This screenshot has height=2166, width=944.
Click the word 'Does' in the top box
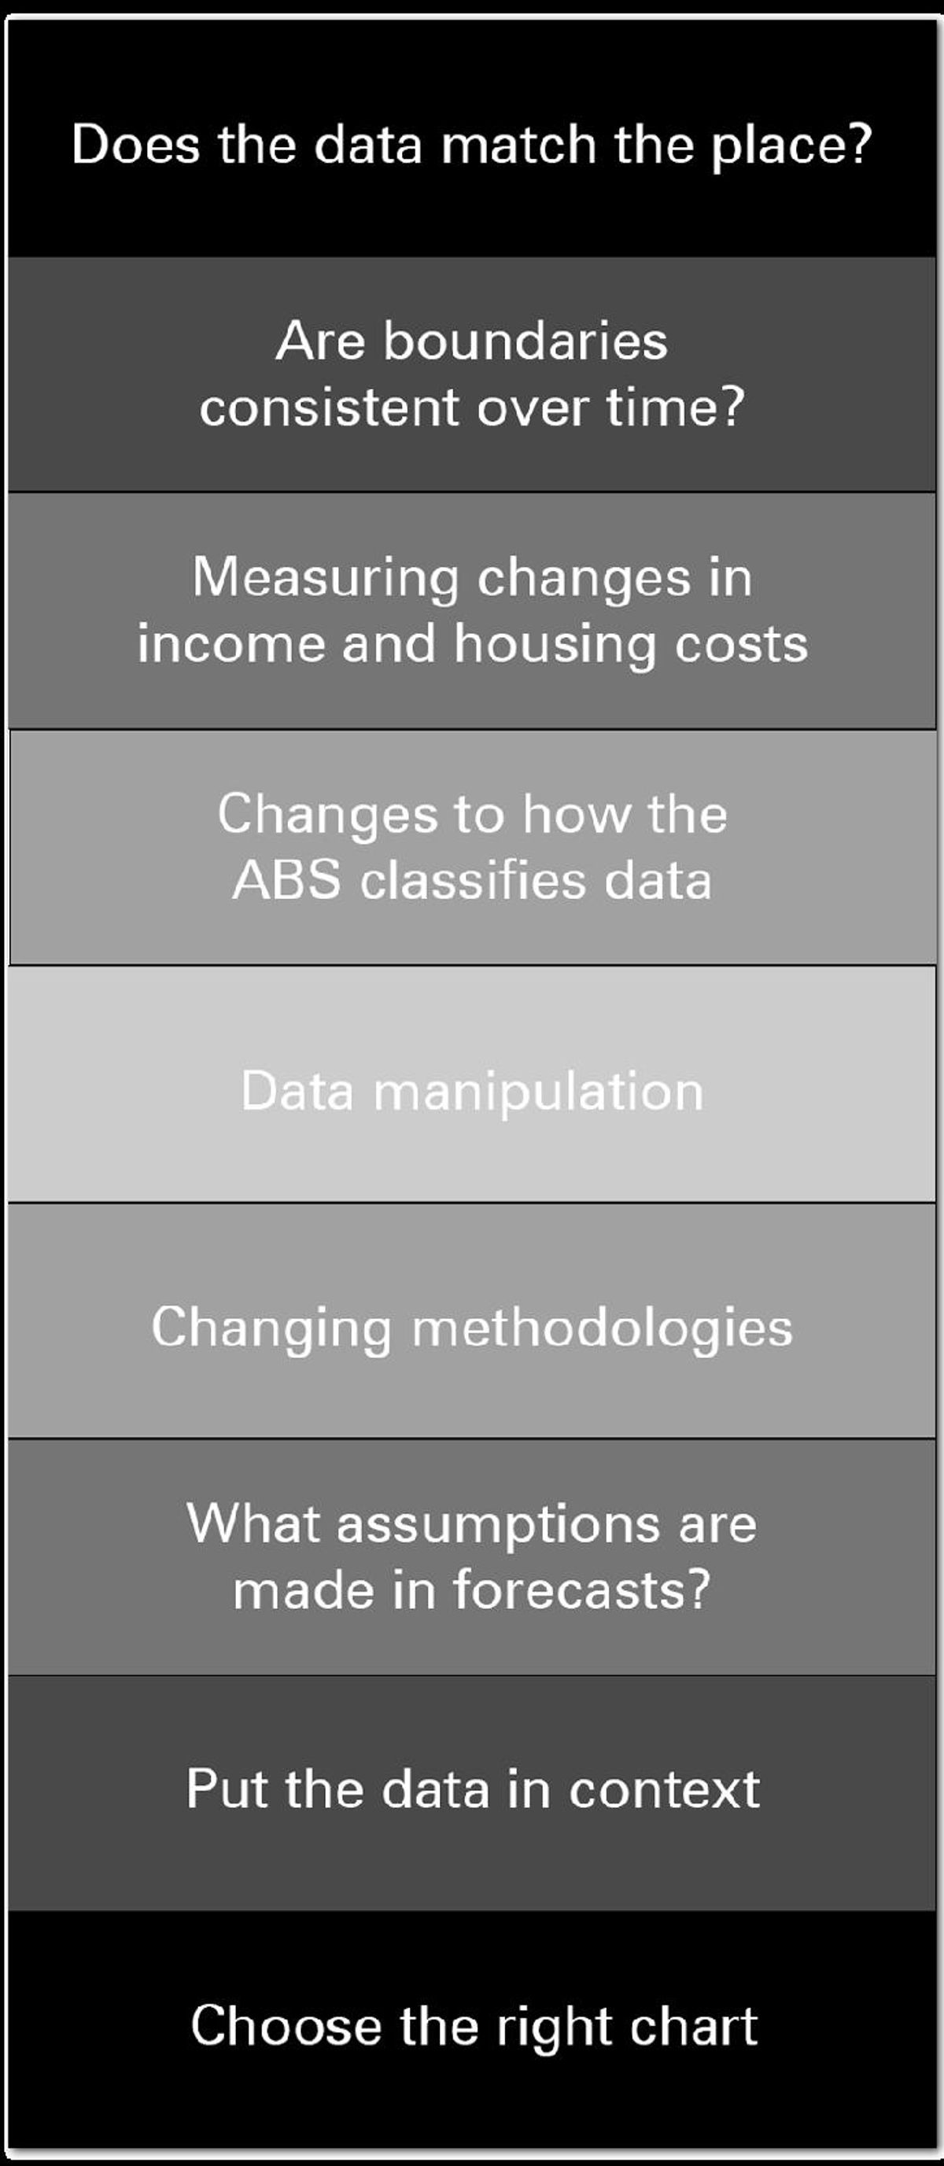pos(135,144)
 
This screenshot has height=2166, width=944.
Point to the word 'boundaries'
pos(525,341)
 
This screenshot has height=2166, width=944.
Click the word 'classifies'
pos(474,881)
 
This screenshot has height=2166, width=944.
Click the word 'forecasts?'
pos(582,1590)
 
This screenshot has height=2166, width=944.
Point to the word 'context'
pos(665,1790)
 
